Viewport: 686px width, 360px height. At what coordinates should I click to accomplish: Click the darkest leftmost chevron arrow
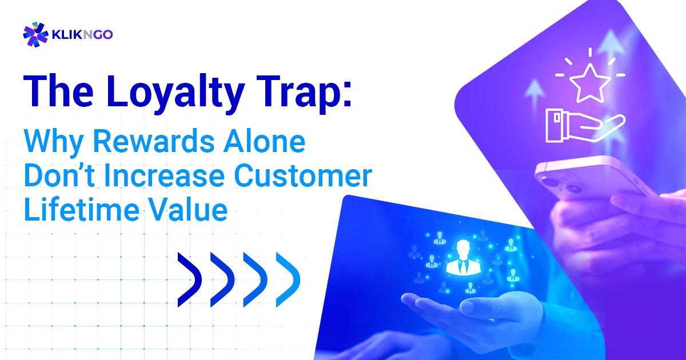pos(189,279)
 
